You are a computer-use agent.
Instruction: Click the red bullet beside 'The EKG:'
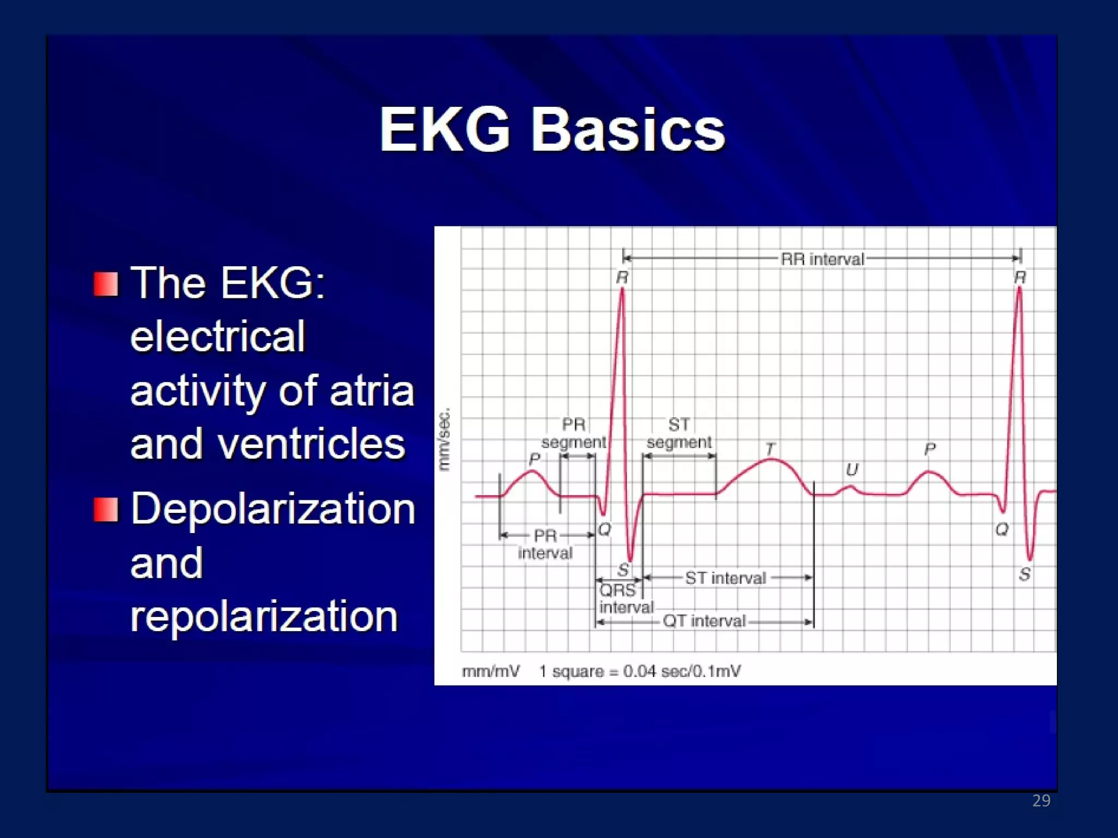pyautogui.click(x=105, y=284)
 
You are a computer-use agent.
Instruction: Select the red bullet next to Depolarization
pyautogui.click(x=105, y=510)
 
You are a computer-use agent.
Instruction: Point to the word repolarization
pyautogui.click(x=264, y=616)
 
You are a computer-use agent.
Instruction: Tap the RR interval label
pyautogui.click(x=822, y=259)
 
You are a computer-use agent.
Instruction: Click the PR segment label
pyautogui.click(x=574, y=433)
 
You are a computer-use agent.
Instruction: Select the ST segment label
pyautogui.click(x=679, y=433)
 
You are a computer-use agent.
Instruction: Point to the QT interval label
pyautogui.click(x=704, y=621)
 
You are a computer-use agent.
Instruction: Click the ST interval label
pyautogui.click(x=725, y=578)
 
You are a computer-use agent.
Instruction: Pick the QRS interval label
pyautogui.click(x=625, y=598)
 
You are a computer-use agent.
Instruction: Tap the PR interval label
pyautogui.click(x=545, y=544)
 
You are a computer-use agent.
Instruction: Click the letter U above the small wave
pyautogui.click(x=852, y=470)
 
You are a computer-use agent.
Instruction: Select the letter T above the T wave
pyautogui.click(x=770, y=449)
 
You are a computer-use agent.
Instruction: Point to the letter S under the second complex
pyautogui.click(x=1025, y=574)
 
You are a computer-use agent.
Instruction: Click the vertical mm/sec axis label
pyautogui.click(x=445, y=439)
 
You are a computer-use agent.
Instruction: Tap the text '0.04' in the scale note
pyautogui.click(x=639, y=671)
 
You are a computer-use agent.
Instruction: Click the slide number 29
pyautogui.click(x=1041, y=800)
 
